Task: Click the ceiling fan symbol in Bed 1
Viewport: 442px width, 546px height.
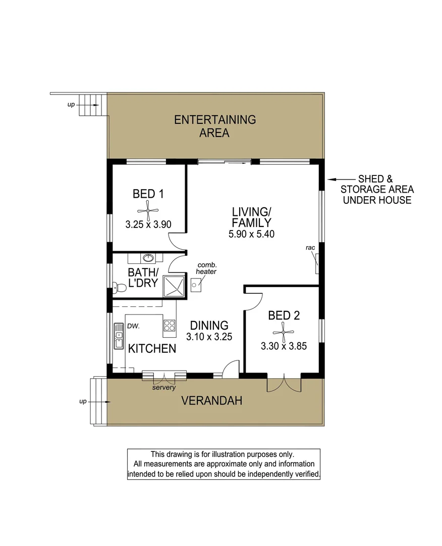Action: point(148,209)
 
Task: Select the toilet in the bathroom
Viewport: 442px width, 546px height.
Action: point(119,288)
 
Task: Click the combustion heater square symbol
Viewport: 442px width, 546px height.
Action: point(196,285)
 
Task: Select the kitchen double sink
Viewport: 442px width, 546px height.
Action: point(119,337)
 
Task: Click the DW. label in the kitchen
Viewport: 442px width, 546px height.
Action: point(133,326)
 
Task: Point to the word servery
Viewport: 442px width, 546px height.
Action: point(164,388)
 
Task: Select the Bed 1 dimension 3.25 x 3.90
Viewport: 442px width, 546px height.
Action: point(148,224)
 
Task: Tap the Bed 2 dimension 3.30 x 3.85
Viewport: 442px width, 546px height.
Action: point(284,346)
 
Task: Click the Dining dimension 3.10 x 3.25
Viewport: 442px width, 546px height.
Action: point(209,337)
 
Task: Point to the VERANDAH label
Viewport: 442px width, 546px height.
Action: point(211,401)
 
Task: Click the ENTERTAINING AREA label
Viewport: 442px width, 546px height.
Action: point(214,126)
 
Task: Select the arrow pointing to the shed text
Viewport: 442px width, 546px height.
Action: point(341,179)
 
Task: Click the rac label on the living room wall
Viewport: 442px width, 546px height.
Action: point(310,248)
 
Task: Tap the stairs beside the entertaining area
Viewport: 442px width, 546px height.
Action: point(91,105)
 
